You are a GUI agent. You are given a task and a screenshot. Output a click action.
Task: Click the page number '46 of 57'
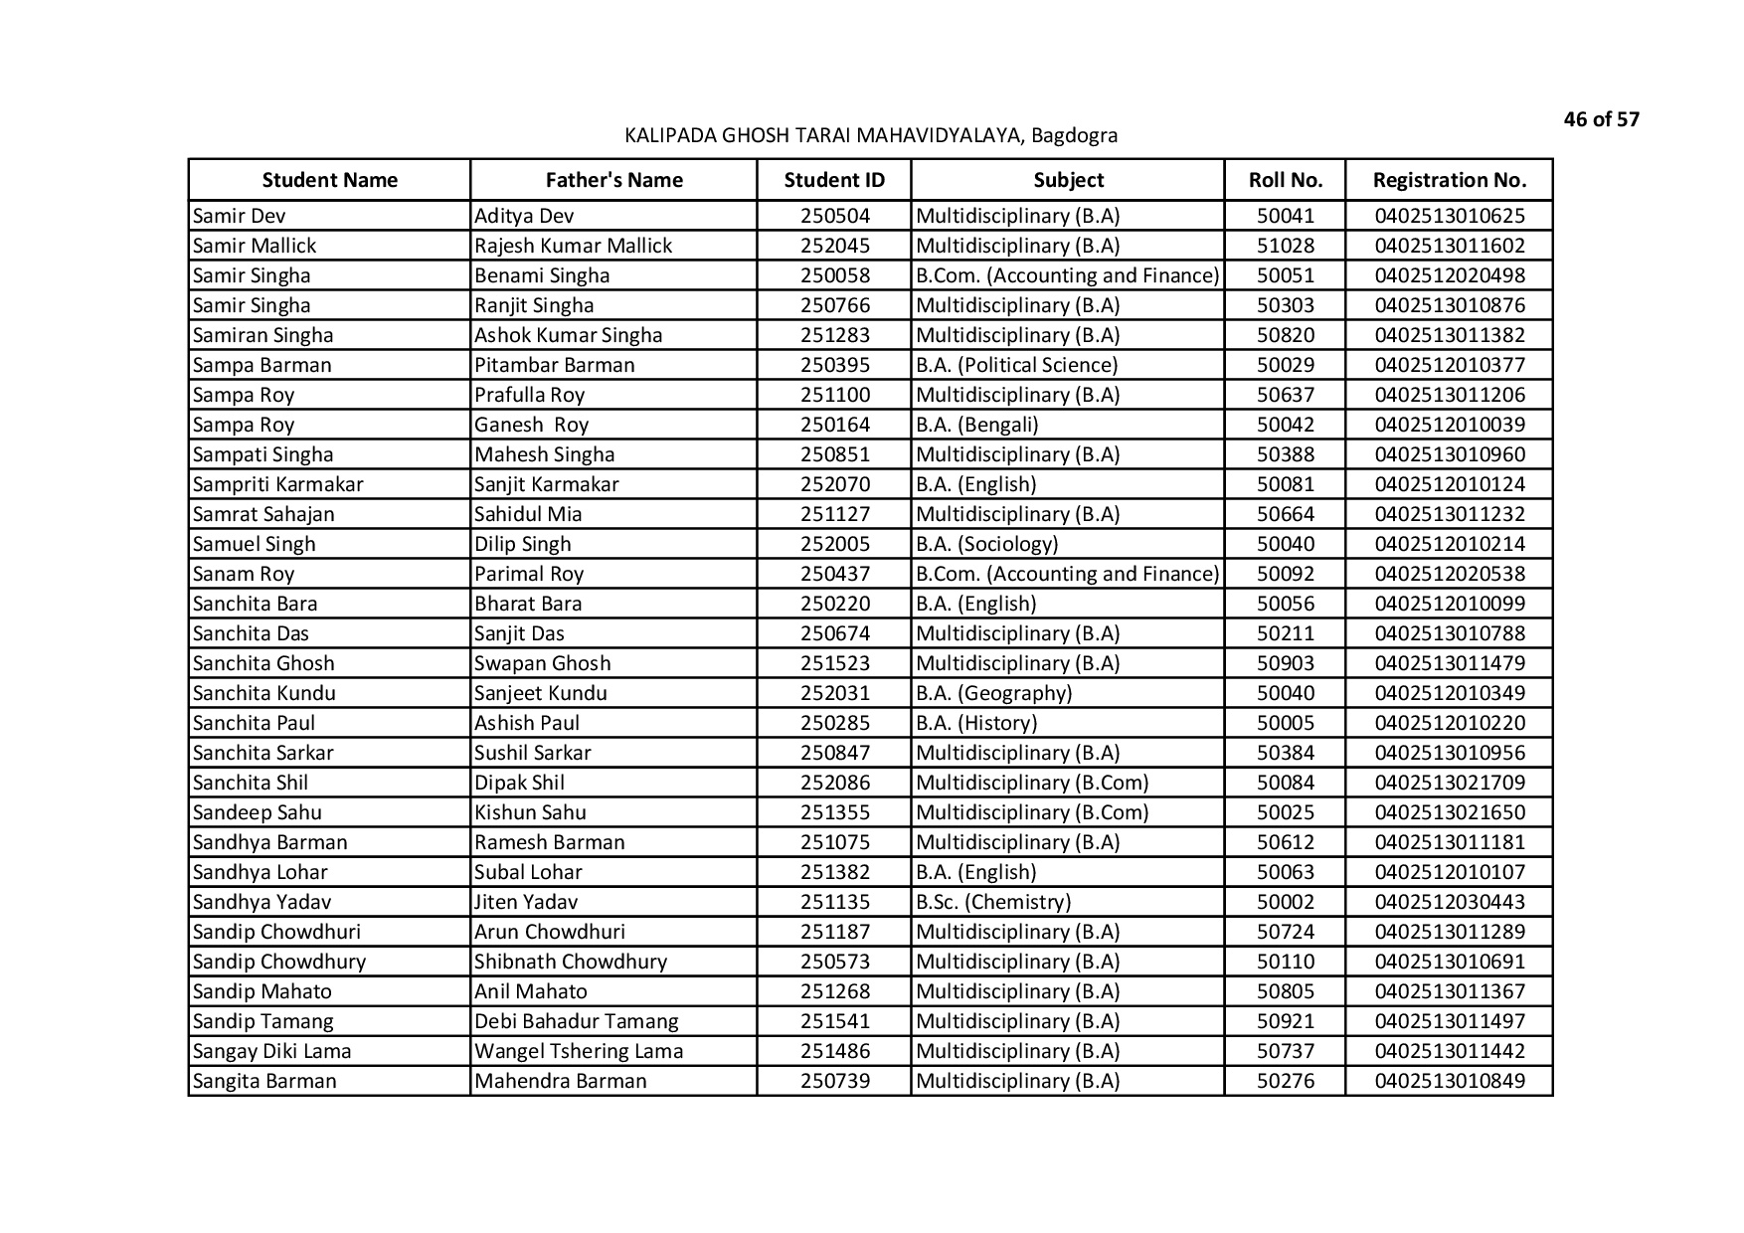tap(1601, 120)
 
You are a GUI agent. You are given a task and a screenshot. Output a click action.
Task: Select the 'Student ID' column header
tap(834, 180)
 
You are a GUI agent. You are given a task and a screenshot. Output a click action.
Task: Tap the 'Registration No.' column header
tap(1449, 180)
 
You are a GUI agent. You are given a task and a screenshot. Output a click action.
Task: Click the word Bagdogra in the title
tap(1074, 135)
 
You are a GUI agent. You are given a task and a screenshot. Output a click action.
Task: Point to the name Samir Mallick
tap(255, 246)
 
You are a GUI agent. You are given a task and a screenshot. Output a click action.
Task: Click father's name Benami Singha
tap(542, 275)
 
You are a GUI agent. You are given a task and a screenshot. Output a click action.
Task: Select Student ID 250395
tap(834, 365)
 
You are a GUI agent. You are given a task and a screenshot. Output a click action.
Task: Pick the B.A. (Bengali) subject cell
tap(977, 425)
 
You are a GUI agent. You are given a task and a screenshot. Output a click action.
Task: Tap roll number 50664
tap(1285, 514)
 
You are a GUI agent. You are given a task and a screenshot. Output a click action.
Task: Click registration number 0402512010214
tap(1449, 544)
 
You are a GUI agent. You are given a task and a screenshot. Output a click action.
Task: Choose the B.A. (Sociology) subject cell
tap(987, 544)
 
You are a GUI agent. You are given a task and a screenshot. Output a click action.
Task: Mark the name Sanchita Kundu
tap(264, 693)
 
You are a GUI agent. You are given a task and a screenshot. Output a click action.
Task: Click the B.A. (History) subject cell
tap(976, 723)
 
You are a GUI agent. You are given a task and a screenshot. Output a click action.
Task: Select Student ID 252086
tap(834, 783)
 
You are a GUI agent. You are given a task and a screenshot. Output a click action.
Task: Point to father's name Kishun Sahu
tap(530, 812)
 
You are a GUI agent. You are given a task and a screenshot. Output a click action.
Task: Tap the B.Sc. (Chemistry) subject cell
tap(993, 902)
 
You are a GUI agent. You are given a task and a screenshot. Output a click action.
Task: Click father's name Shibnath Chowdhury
tap(571, 962)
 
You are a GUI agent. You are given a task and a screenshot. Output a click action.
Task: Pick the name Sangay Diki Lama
tap(271, 1051)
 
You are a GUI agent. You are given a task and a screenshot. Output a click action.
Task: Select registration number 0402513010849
tap(1449, 1081)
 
